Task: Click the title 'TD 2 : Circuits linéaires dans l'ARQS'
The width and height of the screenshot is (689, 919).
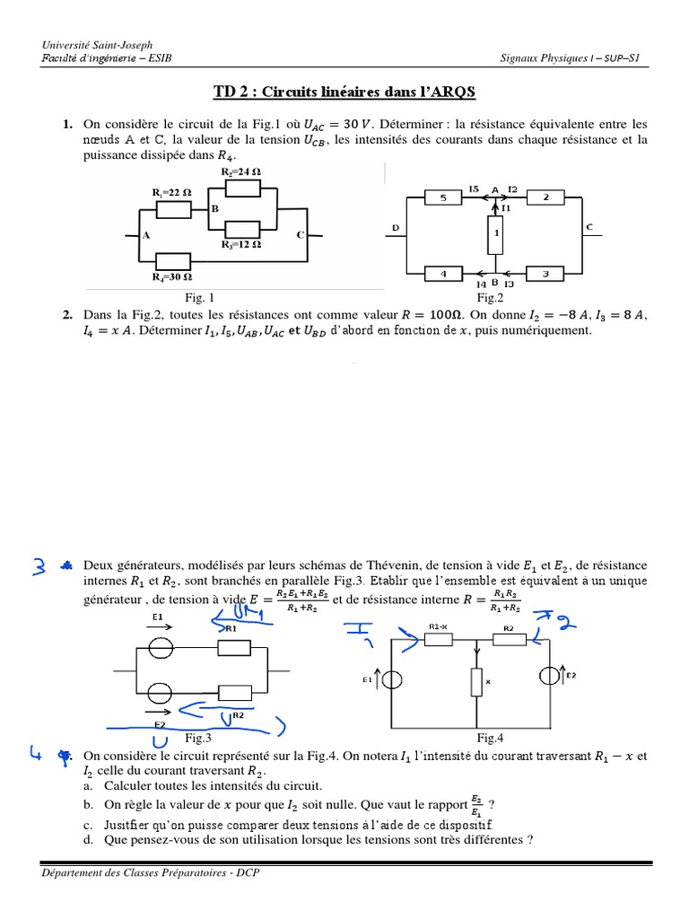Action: tap(344, 92)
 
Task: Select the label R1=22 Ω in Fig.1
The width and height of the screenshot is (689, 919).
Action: tap(172, 193)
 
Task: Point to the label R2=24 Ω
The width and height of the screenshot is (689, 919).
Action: tap(241, 171)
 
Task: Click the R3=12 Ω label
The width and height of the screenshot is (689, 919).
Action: tap(241, 244)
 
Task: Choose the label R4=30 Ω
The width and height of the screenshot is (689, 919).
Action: tap(172, 277)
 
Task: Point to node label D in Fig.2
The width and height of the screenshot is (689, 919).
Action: tap(395, 228)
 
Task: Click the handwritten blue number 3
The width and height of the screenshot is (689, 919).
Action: tap(39, 566)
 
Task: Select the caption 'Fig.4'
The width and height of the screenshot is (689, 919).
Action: tap(490, 738)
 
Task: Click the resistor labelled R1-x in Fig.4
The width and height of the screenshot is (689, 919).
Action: tap(440, 639)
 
